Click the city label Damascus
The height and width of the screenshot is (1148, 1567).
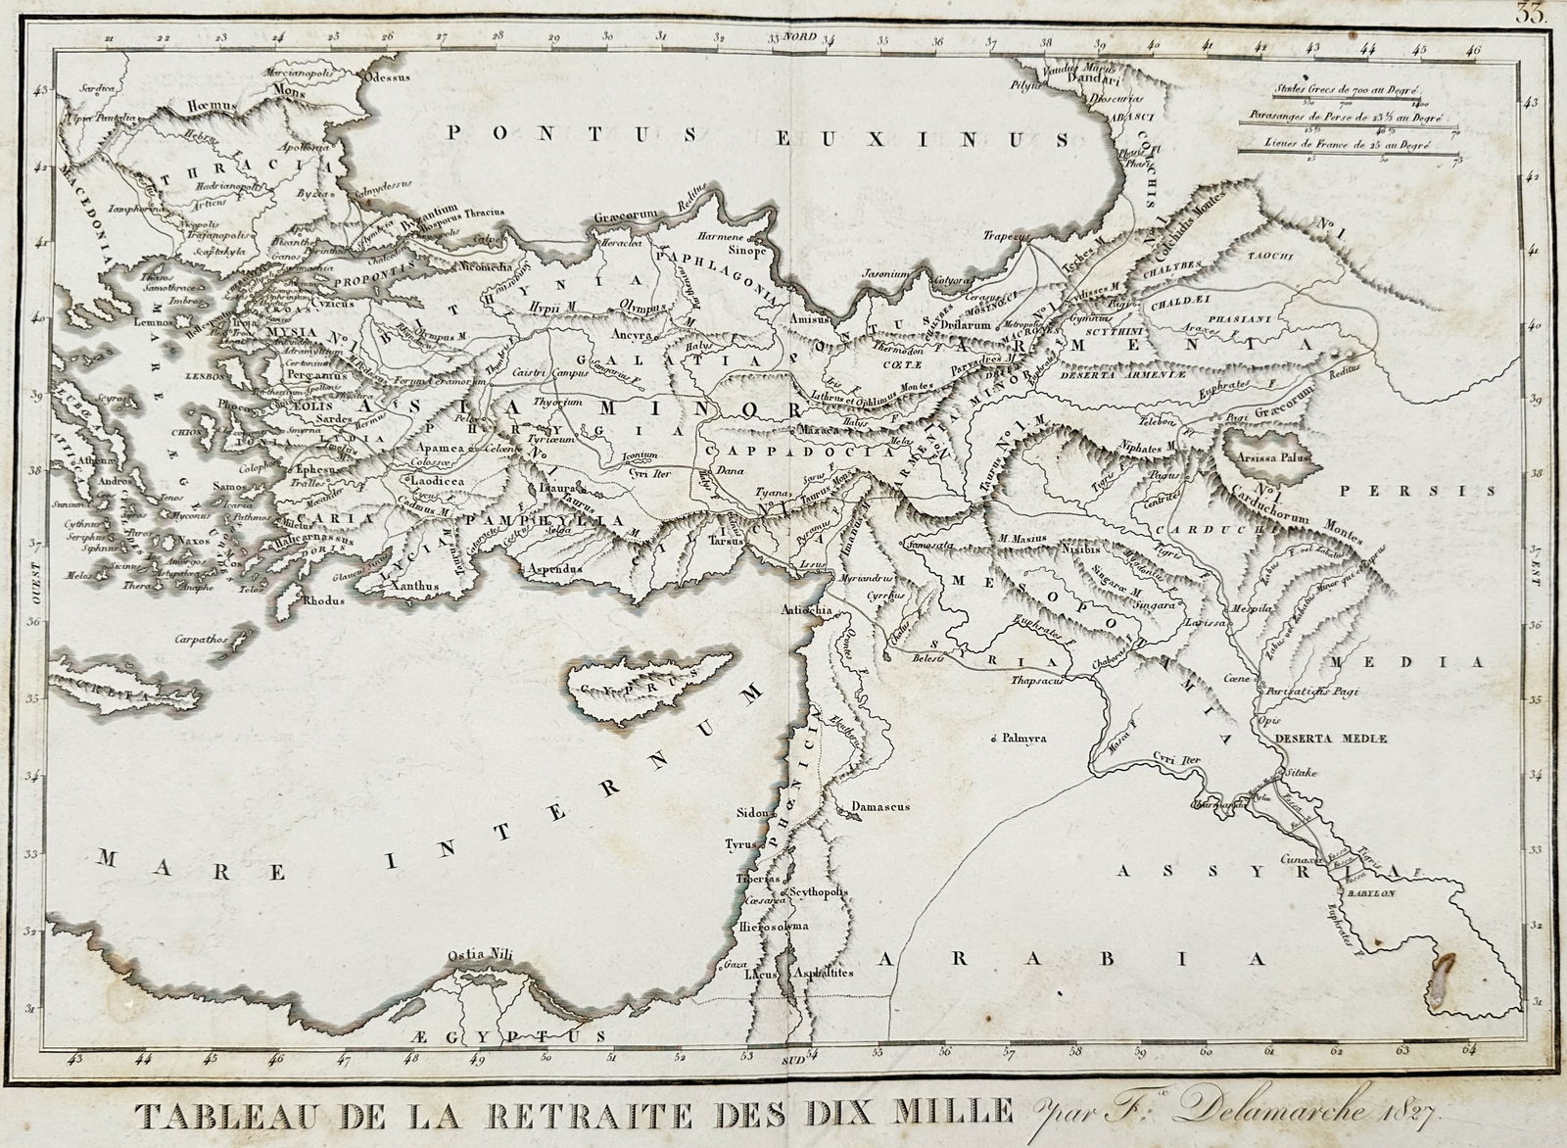click(x=881, y=806)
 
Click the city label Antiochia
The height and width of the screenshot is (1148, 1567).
click(x=806, y=609)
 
